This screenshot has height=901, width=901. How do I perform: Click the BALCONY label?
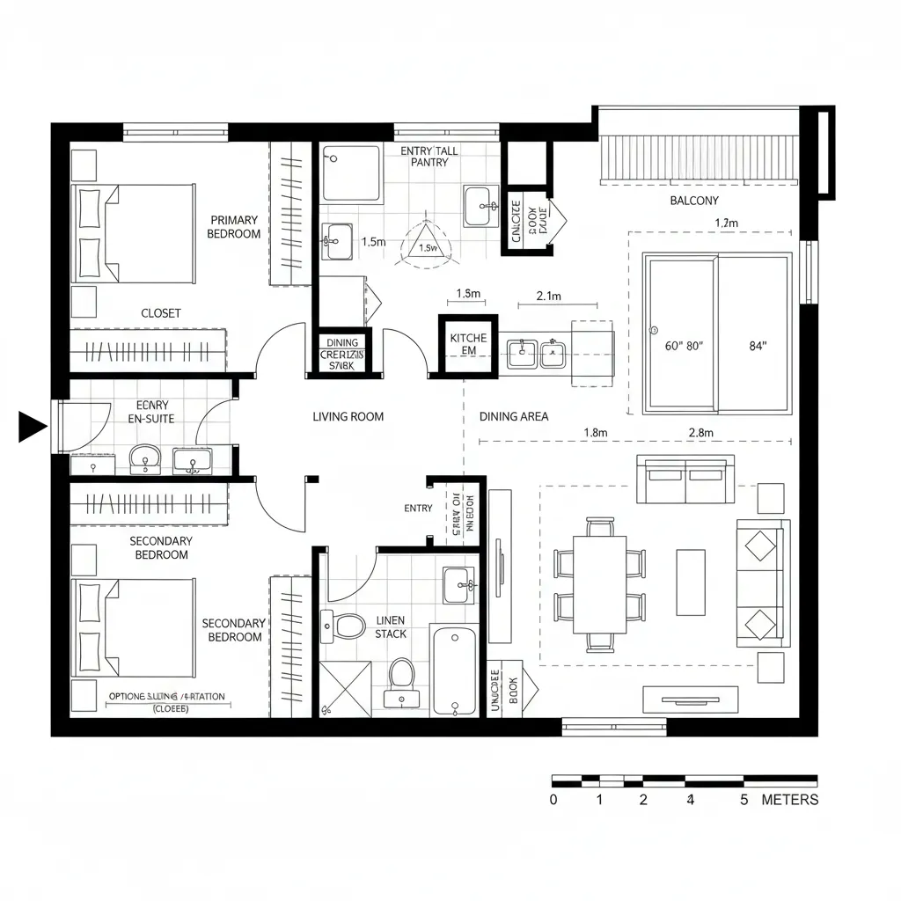(694, 201)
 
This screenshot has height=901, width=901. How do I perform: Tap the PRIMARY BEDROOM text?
(234, 227)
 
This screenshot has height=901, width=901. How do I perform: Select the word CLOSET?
(161, 313)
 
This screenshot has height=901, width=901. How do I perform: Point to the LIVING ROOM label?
(348, 416)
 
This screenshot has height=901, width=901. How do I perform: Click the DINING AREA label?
(514, 416)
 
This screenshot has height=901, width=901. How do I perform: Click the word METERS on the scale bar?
(789, 800)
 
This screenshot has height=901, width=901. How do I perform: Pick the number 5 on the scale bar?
(744, 800)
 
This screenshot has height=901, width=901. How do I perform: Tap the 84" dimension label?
(758, 346)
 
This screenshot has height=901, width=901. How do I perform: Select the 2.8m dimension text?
(700, 432)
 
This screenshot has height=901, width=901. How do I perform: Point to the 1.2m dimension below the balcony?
(727, 223)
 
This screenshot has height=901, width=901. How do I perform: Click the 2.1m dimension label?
(548, 297)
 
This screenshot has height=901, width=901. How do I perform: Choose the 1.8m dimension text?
(596, 432)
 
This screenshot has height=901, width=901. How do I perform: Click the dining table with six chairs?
(599, 584)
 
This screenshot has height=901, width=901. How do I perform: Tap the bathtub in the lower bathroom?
(453, 670)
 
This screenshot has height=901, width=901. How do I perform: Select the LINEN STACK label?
(391, 626)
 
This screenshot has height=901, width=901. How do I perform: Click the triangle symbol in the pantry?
(427, 243)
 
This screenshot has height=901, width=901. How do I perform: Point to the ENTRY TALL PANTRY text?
(429, 157)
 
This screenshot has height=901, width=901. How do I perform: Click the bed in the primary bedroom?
(137, 233)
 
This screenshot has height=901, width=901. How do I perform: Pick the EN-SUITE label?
(151, 419)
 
